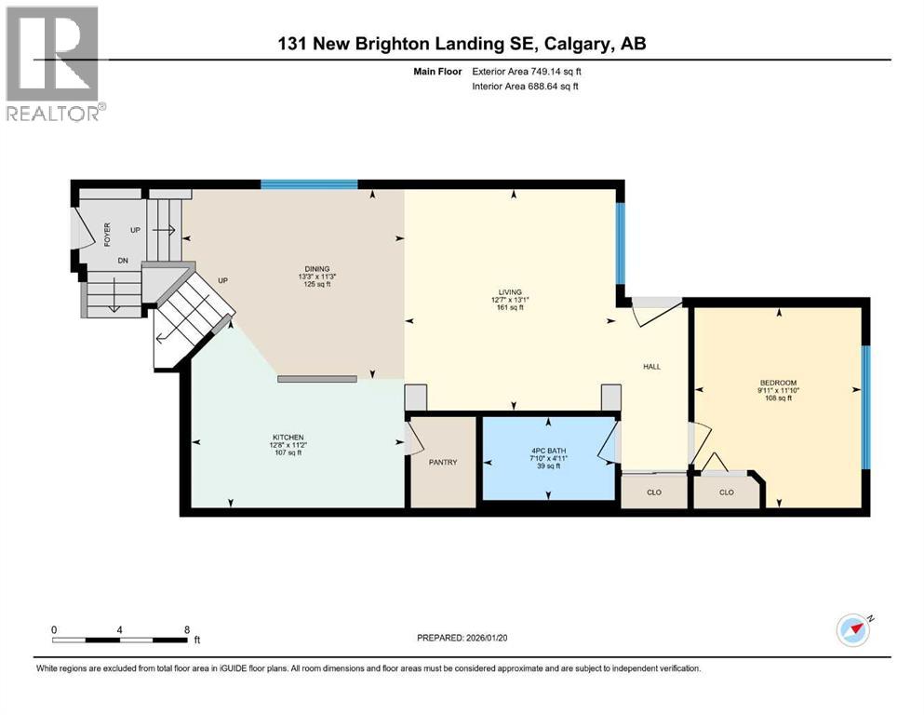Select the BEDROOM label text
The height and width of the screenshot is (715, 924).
pos(777,383)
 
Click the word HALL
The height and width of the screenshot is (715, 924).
pos(651,367)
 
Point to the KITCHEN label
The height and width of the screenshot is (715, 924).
pos(288,438)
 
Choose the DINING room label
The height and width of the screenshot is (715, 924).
pos(315,269)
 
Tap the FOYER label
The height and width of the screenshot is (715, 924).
pos(108,233)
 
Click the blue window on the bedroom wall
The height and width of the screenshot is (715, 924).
pos(864,406)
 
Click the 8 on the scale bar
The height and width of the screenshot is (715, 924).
pos(187,629)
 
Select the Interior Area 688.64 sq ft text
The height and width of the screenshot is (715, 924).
pos(525,87)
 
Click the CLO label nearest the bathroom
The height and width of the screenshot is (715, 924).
pos(654,492)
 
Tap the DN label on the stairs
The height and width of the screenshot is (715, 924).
pos(122,262)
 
